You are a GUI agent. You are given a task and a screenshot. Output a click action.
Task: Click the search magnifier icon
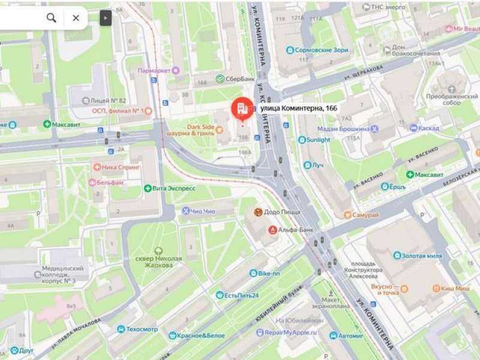[x=52, y=18]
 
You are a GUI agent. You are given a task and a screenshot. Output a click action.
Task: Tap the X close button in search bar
[x=76, y=18]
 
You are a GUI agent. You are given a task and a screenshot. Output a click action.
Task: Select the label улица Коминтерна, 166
[x=299, y=108]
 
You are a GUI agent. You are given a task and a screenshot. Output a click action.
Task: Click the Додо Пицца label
[x=280, y=212]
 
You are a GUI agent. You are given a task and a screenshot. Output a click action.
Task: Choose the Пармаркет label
[x=154, y=70]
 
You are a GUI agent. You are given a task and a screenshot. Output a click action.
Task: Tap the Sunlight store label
[x=318, y=140]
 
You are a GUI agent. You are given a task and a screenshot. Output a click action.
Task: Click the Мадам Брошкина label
[x=343, y=128]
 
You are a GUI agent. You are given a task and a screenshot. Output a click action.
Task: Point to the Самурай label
[x=365, y=215]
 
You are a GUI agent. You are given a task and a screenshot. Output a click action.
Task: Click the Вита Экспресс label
[x=173, y=188]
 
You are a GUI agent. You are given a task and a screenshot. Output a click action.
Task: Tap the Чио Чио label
[x=202, y=211]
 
